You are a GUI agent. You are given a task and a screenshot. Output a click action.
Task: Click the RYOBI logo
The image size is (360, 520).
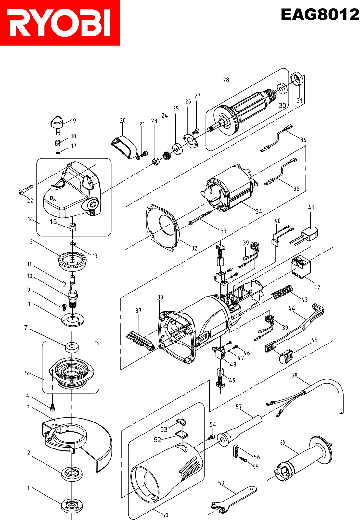point(59,23)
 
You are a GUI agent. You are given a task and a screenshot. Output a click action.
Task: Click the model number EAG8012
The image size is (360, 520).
point(320,15)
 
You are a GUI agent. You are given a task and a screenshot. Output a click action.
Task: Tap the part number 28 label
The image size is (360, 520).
point(226,80)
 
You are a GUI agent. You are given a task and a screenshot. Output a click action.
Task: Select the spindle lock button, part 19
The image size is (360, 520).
point(58,123)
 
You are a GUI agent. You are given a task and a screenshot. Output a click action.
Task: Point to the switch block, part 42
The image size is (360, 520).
point(301,266)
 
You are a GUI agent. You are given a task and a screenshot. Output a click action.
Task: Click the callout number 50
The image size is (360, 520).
point(165,515)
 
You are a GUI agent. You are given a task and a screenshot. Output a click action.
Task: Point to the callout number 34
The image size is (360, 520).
point(259,212)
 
